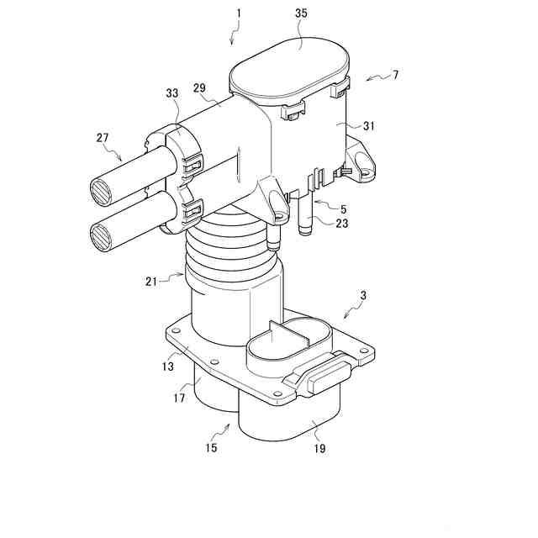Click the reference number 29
200,87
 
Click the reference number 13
168,366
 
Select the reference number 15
210,447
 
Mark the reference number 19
319,449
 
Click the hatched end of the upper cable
101,191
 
